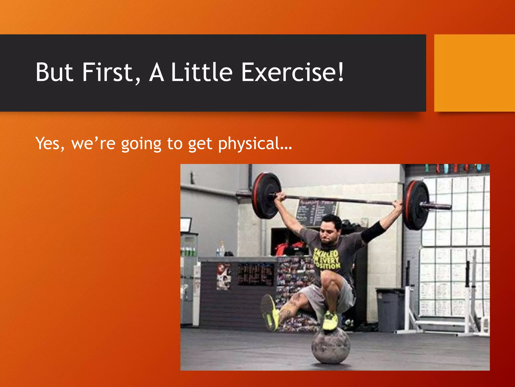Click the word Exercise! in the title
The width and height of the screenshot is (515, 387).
pyautogui.click(x=292, y=73)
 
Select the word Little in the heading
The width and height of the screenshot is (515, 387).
pyautogui.click(x=201, y=73)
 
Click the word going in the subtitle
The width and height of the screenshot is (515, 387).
pyautogui.click(x=141, y=144)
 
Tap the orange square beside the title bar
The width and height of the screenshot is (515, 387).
pyautogui.click(x=474, y=73)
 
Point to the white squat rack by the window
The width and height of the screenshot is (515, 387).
pyautogui.click(x=470, y=302)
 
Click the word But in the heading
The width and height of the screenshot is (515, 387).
pyautogui.click(x=54, y=73)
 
